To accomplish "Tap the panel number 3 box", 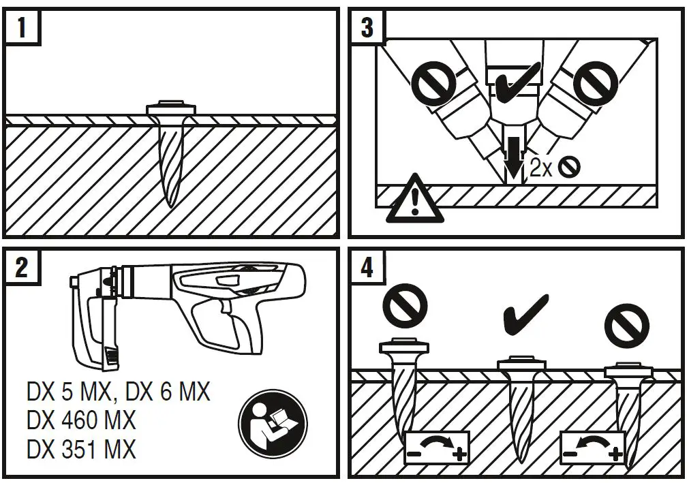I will coord(367,28).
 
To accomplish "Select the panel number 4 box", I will coord(367,267).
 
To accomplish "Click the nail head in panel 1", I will coord(172,108).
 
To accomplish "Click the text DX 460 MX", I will coord(81,420).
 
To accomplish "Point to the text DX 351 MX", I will coord(81,449).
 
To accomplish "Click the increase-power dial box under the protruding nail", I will coord(436,447).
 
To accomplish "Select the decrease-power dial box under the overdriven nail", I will coord(592,447).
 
